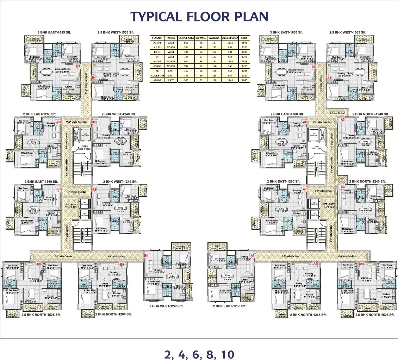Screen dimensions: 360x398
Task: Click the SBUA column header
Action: point(244,38)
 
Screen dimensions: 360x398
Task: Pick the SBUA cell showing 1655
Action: point(244,80)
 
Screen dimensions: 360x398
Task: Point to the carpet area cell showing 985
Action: point(186,80)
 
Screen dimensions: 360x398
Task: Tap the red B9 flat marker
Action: point(78,66)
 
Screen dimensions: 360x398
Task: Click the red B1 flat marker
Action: point(94,77)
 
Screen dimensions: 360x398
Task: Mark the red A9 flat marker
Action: point(313,66)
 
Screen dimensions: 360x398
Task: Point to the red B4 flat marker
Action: point(146,255)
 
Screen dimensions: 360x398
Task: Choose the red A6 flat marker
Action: point(252,255)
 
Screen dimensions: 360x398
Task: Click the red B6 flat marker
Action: point(39,264)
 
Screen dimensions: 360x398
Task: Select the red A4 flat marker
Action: point(362,264)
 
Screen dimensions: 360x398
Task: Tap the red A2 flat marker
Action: point(342,120)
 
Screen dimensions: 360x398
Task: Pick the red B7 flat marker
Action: point(59,189)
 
